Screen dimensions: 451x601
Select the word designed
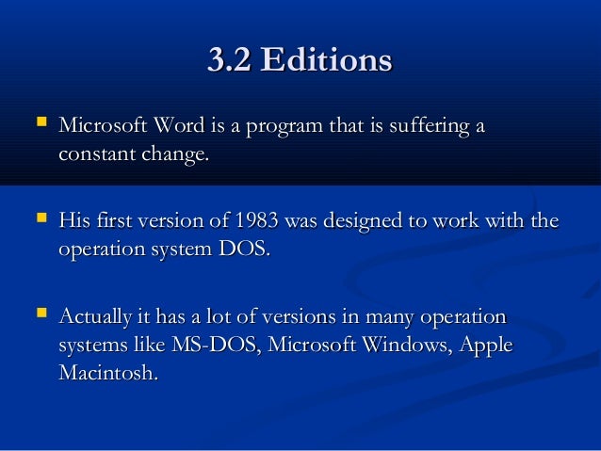click(x=364, y=223)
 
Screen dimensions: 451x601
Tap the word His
click(x=73, y=223)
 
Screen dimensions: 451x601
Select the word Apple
click(x=487, y=345)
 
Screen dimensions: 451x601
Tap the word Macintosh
click(x=106, y=373)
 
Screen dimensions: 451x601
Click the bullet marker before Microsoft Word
click(x=40, y=123)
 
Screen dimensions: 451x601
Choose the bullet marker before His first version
click(x=40, y=220)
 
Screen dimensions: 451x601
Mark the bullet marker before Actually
click(x=40, y=314)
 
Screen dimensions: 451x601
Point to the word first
click(x=112, y=223)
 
